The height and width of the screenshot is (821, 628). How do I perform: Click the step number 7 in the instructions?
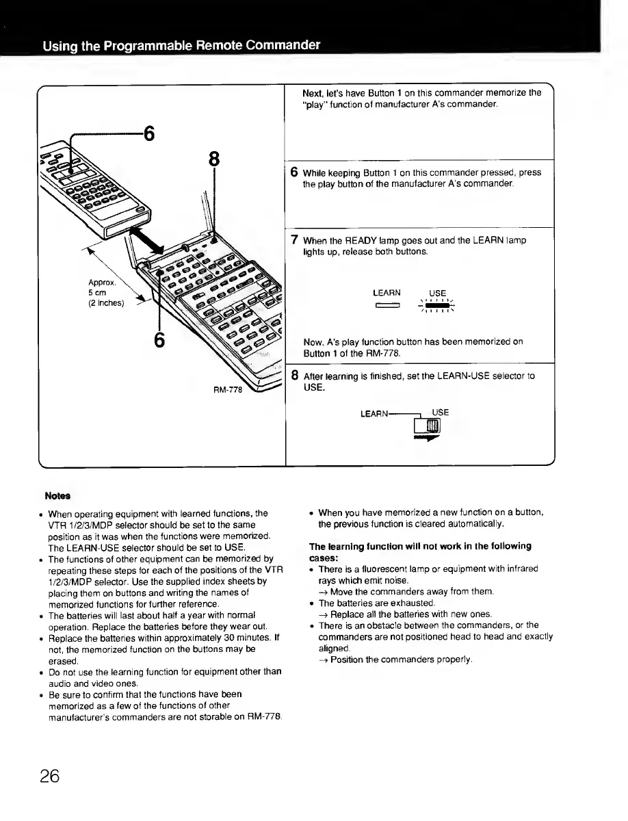[x=293, y=240]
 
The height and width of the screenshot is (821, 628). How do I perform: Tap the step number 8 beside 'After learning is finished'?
[x=294, y=376]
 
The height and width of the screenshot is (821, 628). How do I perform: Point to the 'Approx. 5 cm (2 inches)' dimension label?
[x=105, y=291]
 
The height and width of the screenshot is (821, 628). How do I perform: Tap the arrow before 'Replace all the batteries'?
[x=324, y=614]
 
